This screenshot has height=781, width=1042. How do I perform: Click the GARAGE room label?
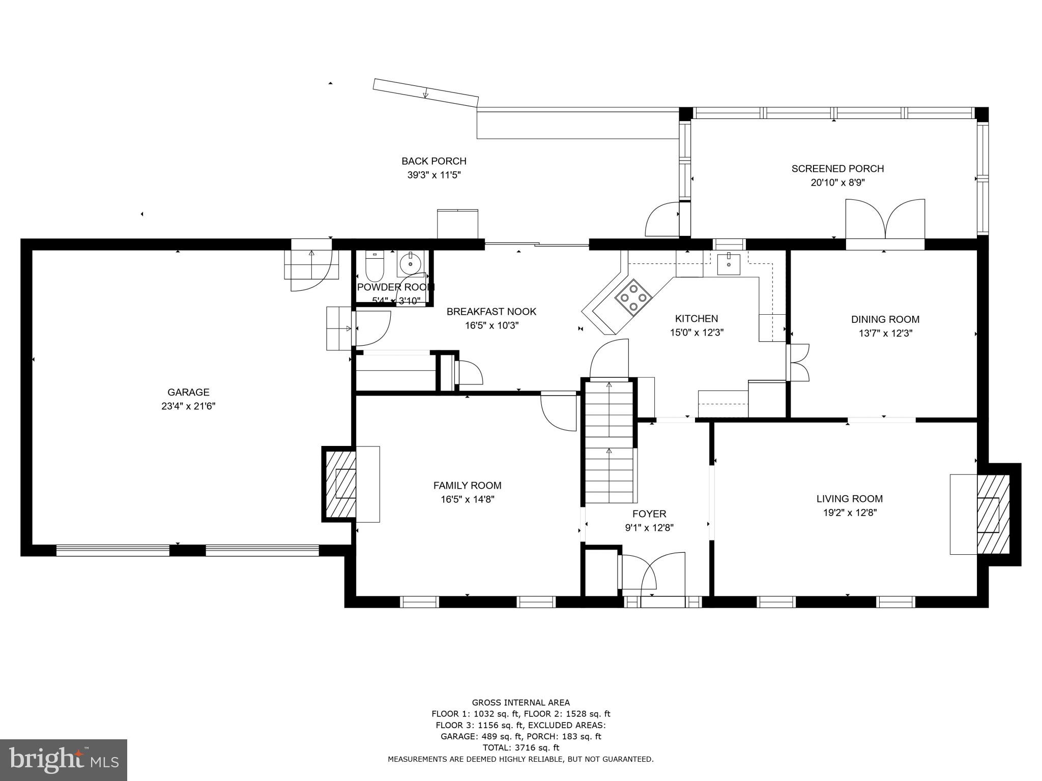188,392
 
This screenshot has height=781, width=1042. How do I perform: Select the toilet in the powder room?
374,266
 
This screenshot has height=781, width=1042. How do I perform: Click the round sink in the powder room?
410,264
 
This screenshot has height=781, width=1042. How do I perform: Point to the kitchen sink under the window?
729,263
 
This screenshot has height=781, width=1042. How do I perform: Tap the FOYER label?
649,514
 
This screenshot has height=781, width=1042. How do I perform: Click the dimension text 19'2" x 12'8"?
850,513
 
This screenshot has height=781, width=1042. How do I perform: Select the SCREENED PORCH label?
837,168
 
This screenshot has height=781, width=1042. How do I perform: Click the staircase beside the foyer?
609,442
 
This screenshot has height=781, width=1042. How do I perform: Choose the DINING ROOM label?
885,319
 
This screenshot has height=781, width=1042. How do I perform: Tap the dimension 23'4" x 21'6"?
188,406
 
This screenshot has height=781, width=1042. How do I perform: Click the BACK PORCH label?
433,161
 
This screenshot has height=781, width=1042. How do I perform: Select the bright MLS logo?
64,760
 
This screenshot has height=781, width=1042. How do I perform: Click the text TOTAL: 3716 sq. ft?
520,747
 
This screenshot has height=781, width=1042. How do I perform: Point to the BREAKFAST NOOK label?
491,311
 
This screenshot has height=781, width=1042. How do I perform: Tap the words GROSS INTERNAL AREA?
520,703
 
